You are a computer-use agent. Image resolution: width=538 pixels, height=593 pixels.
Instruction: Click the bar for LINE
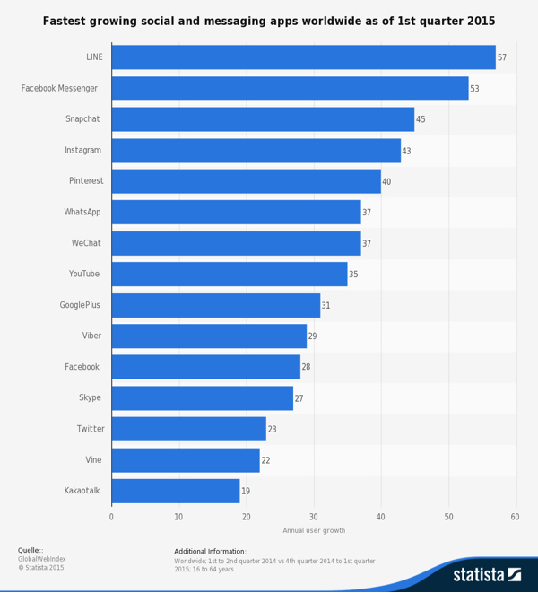point(303,57)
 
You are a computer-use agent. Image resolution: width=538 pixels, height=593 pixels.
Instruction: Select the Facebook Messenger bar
point(290,89)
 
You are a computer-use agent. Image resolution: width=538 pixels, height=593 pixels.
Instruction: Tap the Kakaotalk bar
point(176,491)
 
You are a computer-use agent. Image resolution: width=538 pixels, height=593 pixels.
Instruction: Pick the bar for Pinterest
point(246,181)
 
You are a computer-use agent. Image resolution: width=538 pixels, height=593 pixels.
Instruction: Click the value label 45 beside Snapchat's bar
point(421,119)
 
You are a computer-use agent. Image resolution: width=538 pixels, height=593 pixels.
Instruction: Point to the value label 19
point(246,491)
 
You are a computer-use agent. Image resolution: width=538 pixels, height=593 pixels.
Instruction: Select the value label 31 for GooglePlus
point(326,306)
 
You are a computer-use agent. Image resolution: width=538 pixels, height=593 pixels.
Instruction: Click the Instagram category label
point(82,151)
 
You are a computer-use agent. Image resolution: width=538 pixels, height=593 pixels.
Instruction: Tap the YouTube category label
point(84,274)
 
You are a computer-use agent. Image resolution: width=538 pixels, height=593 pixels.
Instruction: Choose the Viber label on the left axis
point(91,336)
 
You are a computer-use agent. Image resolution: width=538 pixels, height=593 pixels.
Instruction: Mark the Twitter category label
point(90,429)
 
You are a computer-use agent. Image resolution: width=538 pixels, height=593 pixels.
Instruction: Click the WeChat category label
point(86,243)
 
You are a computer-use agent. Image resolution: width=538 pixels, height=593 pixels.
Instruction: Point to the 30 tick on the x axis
point(314,517)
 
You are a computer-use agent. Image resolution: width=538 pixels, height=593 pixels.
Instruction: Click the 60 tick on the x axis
point(515,517)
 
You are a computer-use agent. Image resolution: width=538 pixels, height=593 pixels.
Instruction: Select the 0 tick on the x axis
point(111,517)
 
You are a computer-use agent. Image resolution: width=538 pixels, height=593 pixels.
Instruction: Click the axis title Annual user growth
point(314,530)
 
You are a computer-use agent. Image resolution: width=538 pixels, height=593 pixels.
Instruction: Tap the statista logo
point(486,574)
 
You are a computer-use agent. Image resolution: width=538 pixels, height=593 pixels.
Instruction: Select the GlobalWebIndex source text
point(42,559)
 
